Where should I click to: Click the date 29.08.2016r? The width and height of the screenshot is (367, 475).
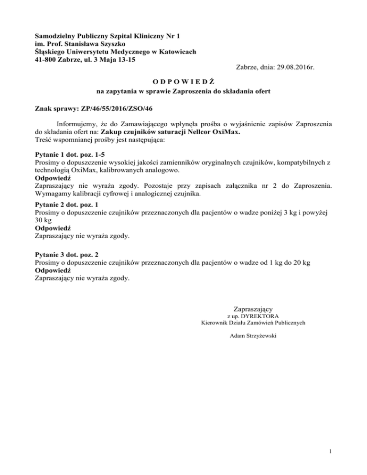(x=293, y=68)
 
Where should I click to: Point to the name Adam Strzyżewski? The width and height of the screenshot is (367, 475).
(x=253, y=336)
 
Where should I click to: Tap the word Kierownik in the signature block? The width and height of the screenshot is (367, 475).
(x=216, y=323)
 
